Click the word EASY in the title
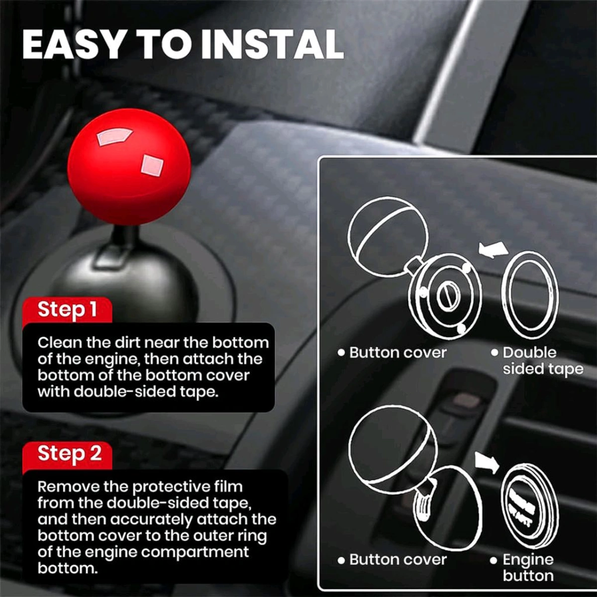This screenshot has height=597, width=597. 72,45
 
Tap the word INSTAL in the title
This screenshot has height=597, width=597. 272,45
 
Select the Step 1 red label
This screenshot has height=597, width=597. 67,309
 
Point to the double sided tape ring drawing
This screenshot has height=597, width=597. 530,291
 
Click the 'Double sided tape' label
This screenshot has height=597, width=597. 537,361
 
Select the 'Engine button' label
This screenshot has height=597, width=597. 527,568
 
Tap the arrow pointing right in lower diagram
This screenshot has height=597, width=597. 487,463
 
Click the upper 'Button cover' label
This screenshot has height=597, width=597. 398,353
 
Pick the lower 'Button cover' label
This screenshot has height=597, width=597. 398,560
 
